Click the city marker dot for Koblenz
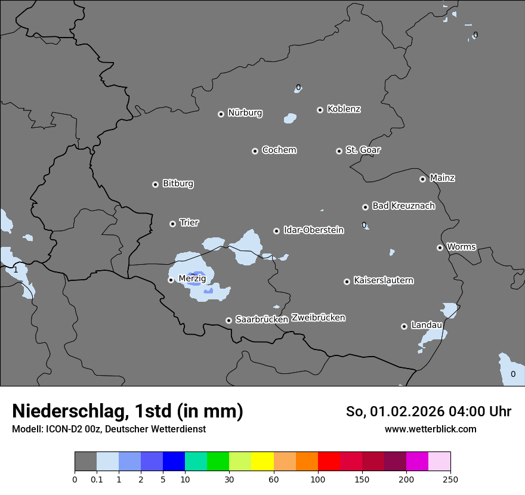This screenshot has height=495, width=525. click(320, 110)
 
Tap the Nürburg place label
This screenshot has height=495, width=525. click(245, 113)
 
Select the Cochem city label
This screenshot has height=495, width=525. click(279, 150)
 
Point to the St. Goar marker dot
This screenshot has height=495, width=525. click(339, 151)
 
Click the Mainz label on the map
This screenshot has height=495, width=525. click(442, 178)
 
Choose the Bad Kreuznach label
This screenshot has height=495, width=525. click(403, 206)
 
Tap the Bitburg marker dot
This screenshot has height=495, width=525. click(156, 184)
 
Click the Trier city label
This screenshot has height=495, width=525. click(189, 222)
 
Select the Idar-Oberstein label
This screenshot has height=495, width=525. click(313, 230)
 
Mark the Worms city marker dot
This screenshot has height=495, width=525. click(440, 247)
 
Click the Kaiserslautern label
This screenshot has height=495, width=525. click(383, 280)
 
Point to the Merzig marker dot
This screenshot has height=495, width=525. click(171, 280)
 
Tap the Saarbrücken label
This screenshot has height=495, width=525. click(261, 319)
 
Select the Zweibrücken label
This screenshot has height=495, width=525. click(318, 317)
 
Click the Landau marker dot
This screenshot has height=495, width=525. click(404, 326)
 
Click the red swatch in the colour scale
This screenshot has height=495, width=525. click(329, 462)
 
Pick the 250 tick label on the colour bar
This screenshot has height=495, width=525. click(450, 479)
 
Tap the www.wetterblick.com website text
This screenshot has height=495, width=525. click(430, 429)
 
